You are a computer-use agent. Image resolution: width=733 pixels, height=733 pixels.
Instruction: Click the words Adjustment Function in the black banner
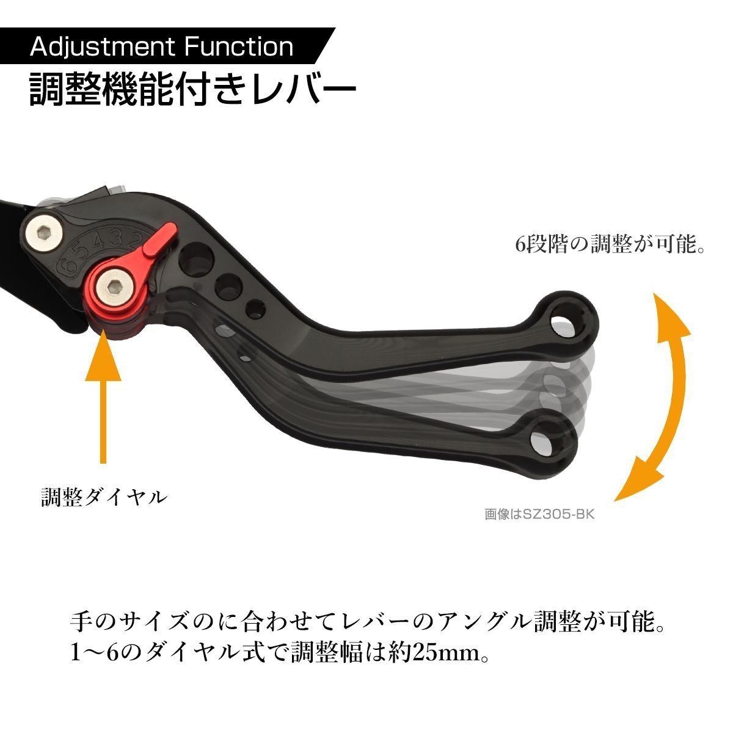[161, 47]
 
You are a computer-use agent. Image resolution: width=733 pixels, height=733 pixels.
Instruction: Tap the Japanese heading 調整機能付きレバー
[192, 90]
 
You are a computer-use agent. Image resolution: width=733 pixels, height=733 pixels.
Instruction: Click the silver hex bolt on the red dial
[115, 287]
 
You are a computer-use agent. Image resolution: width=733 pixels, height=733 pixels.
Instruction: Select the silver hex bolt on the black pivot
[45, 233]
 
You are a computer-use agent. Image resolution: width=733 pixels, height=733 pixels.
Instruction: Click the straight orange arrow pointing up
[103, 397]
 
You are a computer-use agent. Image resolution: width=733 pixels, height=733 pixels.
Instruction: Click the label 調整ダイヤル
[104, 497]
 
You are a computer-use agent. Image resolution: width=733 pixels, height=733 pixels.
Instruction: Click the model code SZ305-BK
[558, 514]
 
